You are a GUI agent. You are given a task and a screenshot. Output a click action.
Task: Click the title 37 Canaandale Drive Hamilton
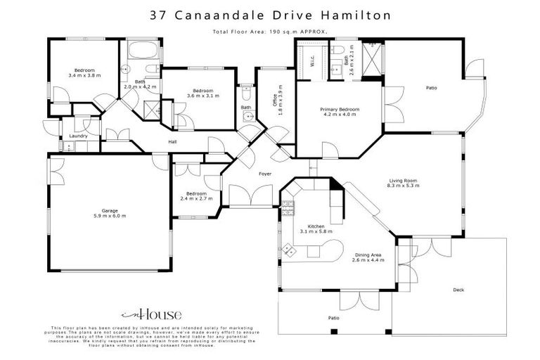[269, 14]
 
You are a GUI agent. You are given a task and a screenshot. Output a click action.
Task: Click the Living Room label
[404, 181]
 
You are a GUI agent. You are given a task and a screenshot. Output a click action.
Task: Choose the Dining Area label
[366, 256]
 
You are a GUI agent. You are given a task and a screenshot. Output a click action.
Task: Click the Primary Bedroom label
[340, 110]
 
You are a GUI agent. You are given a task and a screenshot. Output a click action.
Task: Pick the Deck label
[458, 289]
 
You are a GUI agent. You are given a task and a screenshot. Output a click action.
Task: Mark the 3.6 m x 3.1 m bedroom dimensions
[203, 96]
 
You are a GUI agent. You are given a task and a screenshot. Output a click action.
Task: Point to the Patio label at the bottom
[333, 319]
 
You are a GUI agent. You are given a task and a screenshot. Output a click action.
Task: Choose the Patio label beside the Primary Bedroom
[431, 88]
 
